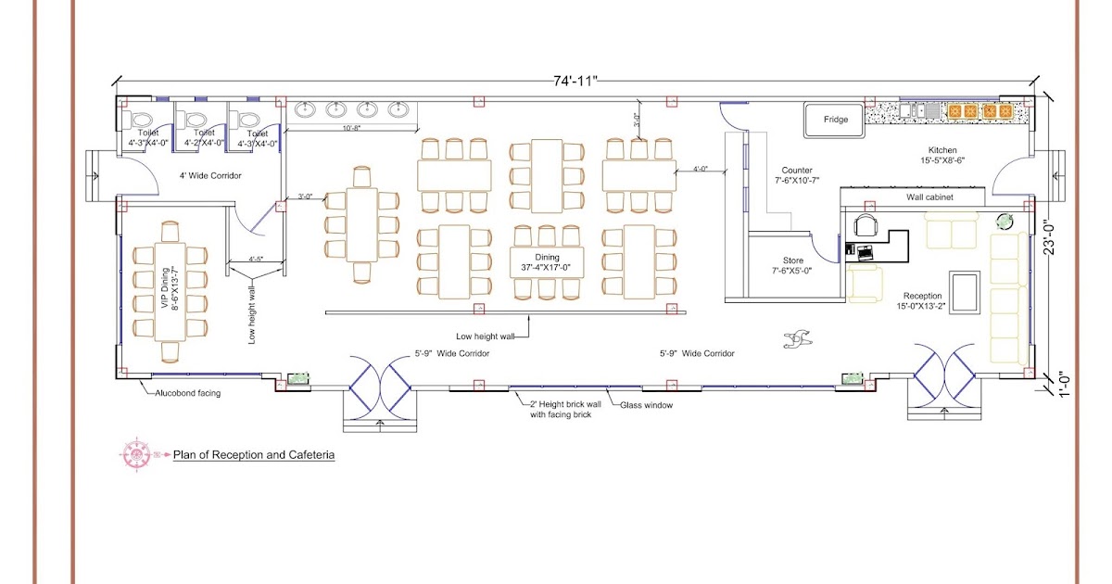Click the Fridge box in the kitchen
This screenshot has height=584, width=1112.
point(835,120)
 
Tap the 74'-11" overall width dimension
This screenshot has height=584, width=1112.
point(576,82)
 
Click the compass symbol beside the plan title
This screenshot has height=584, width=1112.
point(135,453)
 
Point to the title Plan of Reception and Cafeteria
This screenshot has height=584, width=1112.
point(253,455)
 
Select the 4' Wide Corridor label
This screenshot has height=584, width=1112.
point(210,175)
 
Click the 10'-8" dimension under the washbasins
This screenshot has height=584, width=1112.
point(351,128)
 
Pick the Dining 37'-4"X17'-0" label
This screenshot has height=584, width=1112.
point(547,262)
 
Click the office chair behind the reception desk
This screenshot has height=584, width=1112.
point(866,225)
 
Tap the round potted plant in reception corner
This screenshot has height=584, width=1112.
point(1005,221)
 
